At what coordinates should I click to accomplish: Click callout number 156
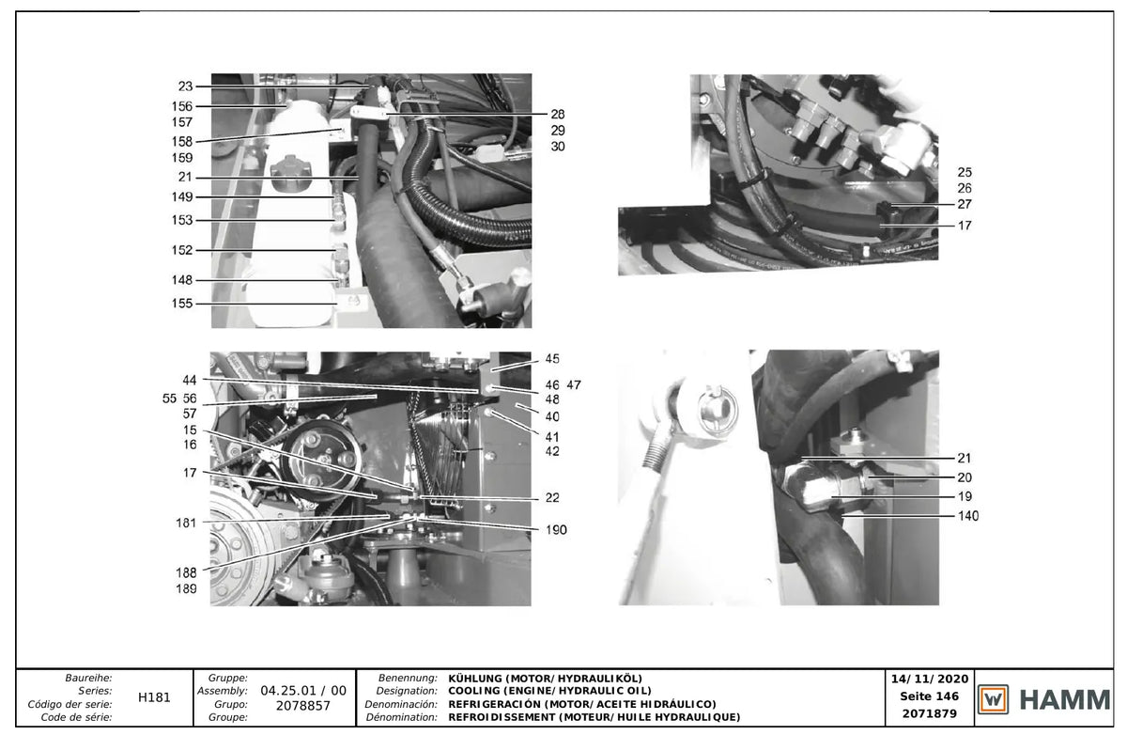click(x=182, y=106)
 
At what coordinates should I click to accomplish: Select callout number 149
click(x=182, y=196)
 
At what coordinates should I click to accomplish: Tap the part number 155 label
click(x=182, y=303)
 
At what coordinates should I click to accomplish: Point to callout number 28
click(x=558, y=115)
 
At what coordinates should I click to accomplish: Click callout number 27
click(x=965, y=204)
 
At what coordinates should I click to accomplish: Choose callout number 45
click(x=552, y=359)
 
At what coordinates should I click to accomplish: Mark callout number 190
click(x=556, y=529)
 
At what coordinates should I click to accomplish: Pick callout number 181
click(x=186, y=524)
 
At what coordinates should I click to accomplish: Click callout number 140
click(x=968, y=515)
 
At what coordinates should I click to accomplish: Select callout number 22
click(x=552, y=497)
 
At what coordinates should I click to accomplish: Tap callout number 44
click(x=189, y=380)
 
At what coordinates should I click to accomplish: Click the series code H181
click(x=154, y=697)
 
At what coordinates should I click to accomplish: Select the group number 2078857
click(x=302, y=706)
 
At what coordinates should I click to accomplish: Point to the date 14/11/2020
click(x=929, y=679)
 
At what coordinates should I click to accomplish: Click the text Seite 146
click(x=929, y=696)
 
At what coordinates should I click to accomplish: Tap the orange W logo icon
click(x=993, y=699)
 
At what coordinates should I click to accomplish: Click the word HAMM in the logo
click(x=1065, y=700)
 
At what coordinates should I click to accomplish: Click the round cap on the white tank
click(x=291, y=172)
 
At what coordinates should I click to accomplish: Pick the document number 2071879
click(x=929, y=713)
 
